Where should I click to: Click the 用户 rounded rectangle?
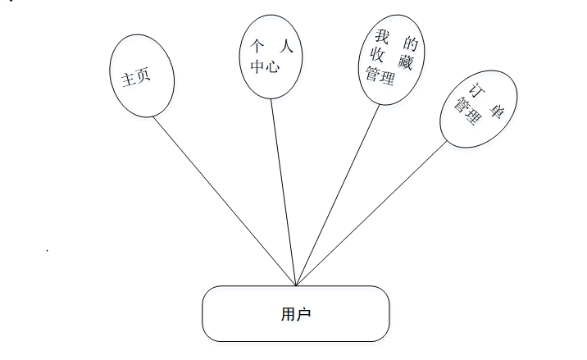(x=296, y=313)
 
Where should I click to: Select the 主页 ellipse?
(x=143, y=76)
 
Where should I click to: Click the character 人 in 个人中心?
(x=284, y=47)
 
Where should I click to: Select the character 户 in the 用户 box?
(x=304, y=313)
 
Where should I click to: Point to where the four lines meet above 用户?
(x=296, y=285)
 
